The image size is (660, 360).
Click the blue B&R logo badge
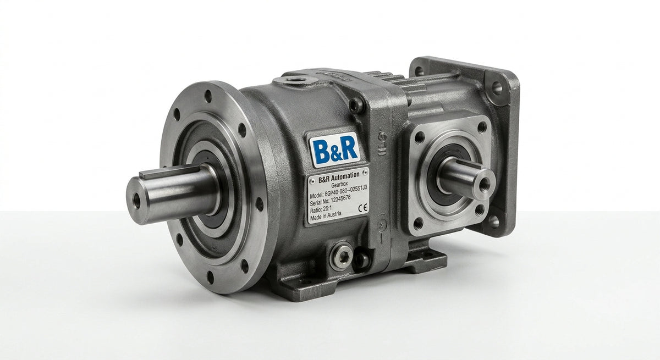(x=335, y=150)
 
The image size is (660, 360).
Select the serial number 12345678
(x=340, y=199)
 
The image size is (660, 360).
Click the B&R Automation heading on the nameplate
(x=339, y=177)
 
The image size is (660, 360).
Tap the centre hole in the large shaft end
(x=137, y=200)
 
